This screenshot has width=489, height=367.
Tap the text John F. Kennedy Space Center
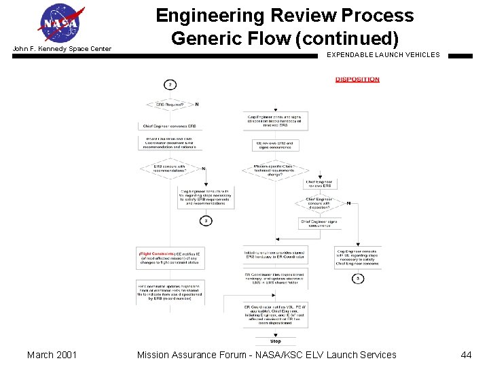(62, 49)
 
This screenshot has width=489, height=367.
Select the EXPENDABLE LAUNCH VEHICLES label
(383, 54)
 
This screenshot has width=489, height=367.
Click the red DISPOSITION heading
(357, 80)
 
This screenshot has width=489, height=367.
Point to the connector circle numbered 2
(170, 84)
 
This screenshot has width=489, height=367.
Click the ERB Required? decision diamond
(170, 105)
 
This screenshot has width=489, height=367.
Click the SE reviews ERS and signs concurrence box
(274, 145)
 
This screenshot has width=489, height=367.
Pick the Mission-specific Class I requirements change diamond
(274, 169)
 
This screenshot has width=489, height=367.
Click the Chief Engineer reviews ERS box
(319, 183)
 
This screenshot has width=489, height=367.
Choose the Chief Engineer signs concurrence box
(319, 223)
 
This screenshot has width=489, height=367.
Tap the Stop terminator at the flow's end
(275, 341)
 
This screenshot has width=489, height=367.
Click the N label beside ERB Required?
(197, 105)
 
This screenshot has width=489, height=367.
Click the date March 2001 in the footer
(52, 354)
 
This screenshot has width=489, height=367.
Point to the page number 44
(466, 354)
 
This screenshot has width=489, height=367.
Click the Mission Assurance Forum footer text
(266, 354)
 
